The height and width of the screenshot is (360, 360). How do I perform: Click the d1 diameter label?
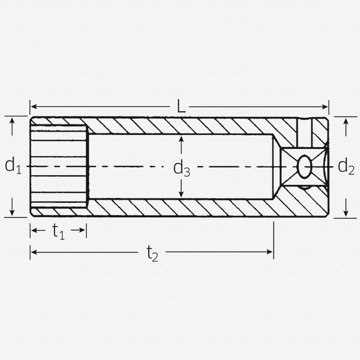coord(13,165)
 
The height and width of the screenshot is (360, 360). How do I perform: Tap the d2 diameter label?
coord(346,165)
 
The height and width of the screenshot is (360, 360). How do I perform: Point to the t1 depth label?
coord(58,231)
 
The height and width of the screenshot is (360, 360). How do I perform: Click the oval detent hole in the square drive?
coord(304,166)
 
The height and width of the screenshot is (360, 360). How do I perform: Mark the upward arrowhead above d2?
coord(345,123)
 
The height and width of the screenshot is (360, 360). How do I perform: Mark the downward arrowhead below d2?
coord(345,211)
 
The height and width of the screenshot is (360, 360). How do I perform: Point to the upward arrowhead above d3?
coord(181,139)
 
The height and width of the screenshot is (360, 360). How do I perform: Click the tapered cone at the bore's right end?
coord(276,166)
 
